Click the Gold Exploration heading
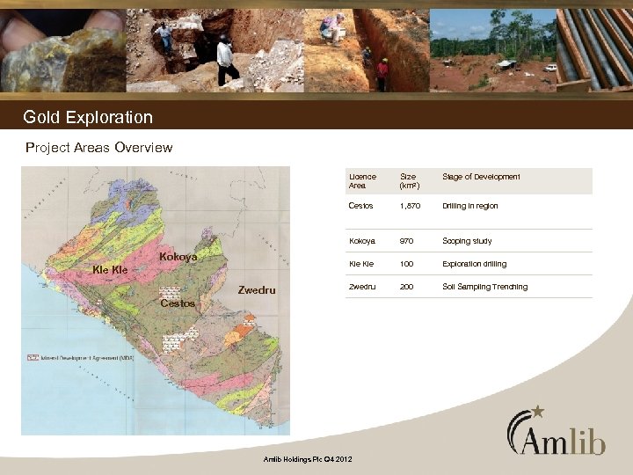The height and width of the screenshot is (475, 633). coord(88,117)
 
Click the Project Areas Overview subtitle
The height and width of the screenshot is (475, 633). coord(99,147)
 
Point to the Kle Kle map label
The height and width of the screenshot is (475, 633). coord(111,270)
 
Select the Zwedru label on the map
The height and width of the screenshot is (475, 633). coord(258,289)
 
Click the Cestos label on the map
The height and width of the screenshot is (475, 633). coord(178,303)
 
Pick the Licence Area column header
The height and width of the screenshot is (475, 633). coord(362,181)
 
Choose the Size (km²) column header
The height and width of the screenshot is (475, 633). coord(410,181)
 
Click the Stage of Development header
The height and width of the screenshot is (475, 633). coord(481,177)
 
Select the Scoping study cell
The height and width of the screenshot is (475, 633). coord(467,241)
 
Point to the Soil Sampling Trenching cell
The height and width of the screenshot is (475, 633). coord(484,287)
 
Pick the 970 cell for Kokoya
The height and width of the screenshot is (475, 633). coord(407,241)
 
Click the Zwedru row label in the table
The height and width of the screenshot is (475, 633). coord(361,287)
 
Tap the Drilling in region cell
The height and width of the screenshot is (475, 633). coord(469,206)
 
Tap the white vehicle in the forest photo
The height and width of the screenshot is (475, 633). coord(550,67)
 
